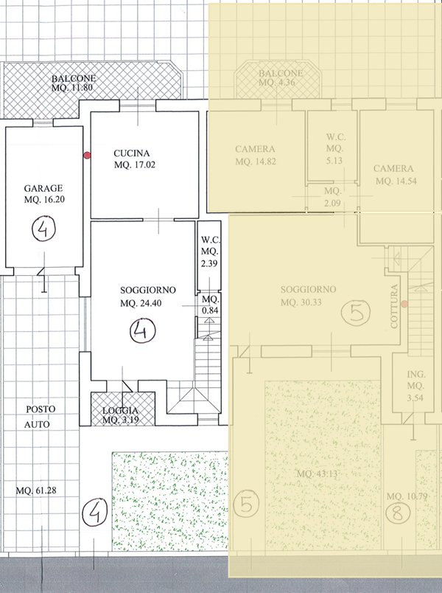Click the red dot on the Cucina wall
(x=87, y=156)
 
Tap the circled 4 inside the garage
(x=42, y=231)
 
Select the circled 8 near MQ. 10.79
(x=398, y=513)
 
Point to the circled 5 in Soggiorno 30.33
(x=357, y=313)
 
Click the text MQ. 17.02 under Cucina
(x=133, y=165)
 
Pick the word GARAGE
(x=42, y=188)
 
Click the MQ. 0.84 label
(x=211, y=305)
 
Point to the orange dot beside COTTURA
(x=404, y=304)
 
